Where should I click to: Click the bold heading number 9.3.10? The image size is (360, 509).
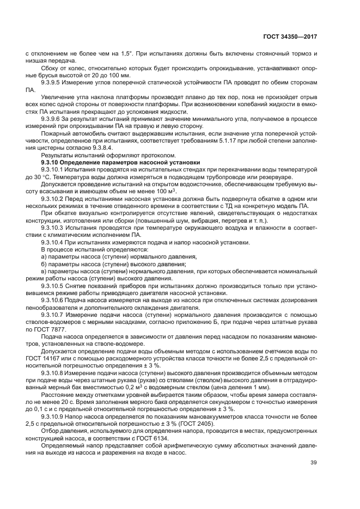point(53,163)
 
